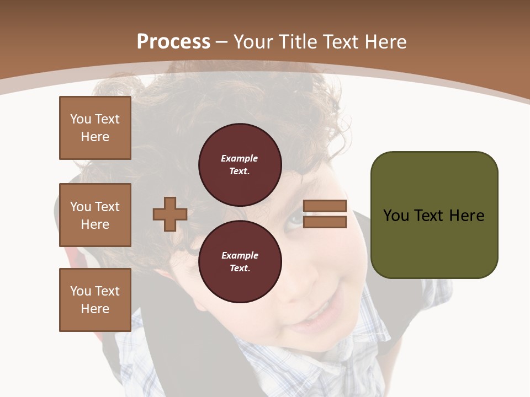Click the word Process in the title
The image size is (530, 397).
tap(173, 42)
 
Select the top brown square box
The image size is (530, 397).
tap(95, 128)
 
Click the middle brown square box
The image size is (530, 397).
tap(95, 215)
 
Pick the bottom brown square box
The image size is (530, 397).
tap(95, 300)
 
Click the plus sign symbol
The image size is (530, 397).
tap(169, 214)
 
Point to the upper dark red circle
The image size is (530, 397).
tap(240, 165)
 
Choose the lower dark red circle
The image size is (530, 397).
tap(240, 262)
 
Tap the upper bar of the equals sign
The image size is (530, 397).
tap(325, 206)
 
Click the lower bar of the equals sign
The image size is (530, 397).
tap(325, 222)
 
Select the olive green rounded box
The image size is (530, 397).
tap(434, 214)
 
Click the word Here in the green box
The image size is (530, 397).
tap(467, 216)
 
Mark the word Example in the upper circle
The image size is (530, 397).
tap(240, 158)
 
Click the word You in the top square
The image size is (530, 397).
tap(81, 119)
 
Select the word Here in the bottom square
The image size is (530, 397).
tap(95, 309)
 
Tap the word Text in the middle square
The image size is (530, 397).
tap(107, 207)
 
